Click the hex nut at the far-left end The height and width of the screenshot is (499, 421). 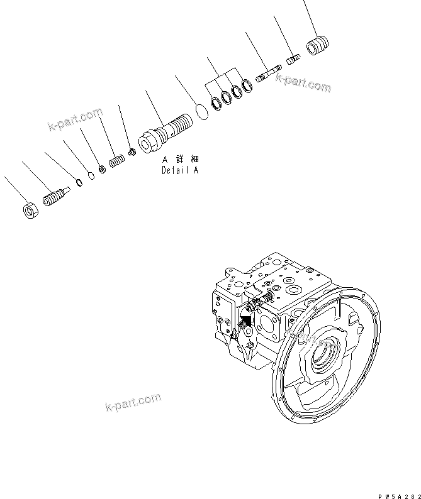click(x=30, y=211)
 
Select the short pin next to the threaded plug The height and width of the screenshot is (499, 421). click(x=293, y=60)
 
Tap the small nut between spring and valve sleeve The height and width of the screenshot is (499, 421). click(x=132, y=151)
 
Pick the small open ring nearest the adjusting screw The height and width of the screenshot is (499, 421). click(x=79, y=183)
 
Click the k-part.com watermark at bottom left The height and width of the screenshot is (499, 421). click(x=132, y=402)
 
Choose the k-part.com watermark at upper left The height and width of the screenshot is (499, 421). click(x=74, y=120)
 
